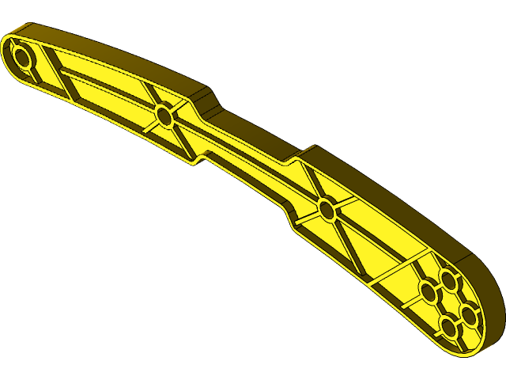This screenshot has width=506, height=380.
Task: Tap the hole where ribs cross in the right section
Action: [327, 210]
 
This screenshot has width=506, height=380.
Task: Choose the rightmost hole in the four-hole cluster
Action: [470, 315]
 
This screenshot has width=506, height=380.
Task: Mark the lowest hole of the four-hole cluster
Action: [450, 327]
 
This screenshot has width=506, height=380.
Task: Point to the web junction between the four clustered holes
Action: [450, 304]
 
